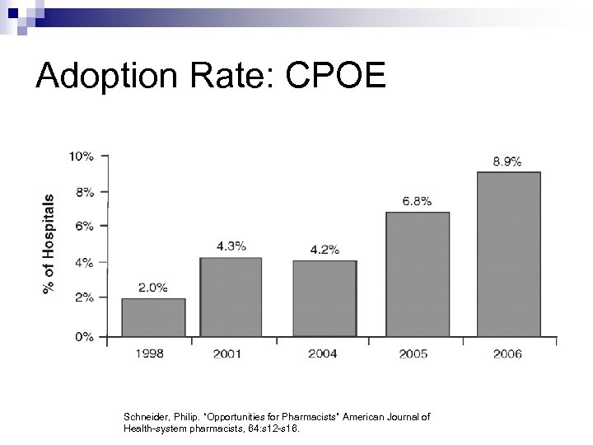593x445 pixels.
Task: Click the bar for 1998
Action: [x=153, y=317]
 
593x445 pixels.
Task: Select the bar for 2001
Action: [x=231, y=297]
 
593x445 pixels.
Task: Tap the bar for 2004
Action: [x=325, y=298]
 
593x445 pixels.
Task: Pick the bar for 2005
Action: [x=418, y=274]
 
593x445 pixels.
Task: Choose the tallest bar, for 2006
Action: [x=509, y=254]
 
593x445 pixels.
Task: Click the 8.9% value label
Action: [x=507, y=162]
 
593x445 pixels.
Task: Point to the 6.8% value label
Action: [x=416, y=201]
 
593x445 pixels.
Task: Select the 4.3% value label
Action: [x=231, y=246]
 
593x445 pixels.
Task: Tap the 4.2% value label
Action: [x=324, y=250]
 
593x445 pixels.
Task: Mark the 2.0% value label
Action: [x=153, y=288]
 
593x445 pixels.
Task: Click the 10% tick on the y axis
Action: [x=81, y=156]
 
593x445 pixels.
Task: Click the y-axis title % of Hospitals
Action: [x=49, y=246]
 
